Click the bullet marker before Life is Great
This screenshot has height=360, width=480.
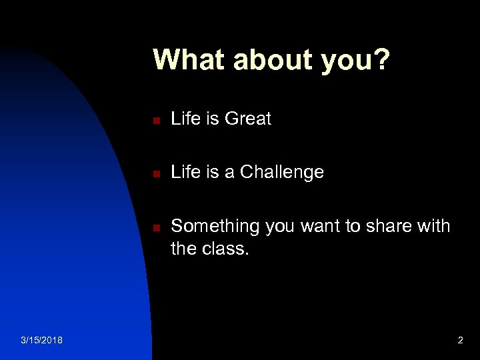[x=154, y=121]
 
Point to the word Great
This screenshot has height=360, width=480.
[x=248, y=119]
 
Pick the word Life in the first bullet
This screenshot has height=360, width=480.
[x=185, y=119]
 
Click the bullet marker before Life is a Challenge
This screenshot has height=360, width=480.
[x=154, y=174]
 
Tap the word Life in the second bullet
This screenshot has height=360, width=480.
[x=185, y=172]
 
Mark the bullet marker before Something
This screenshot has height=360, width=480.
[x=154, y=228]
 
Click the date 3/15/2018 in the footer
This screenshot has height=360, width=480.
[x=42, y=341]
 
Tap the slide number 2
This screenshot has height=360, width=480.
[x=460, y=341]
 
